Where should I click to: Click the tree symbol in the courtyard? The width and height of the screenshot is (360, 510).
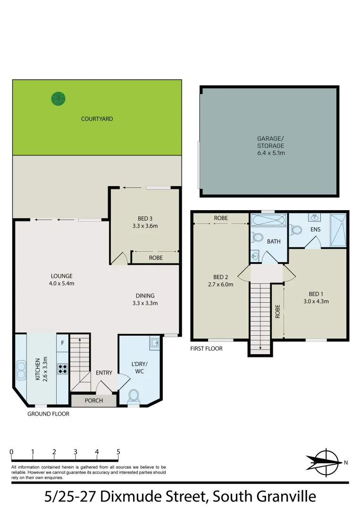coord(59,98)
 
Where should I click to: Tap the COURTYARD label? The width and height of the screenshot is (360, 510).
coord(97,119)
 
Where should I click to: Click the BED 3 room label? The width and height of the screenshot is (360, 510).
coord(144,218)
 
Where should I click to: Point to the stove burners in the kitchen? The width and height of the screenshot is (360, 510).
coord(61,368)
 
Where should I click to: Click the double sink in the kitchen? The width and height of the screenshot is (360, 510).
coord(21,370)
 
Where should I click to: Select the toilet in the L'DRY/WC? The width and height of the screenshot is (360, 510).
coord(134,395)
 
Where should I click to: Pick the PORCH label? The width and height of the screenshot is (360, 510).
coord(93,401)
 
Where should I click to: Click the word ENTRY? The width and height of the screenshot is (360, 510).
coord(104,373)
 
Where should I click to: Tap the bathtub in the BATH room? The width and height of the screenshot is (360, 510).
coord(268,221)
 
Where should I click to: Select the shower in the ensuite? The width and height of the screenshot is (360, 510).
coord(338,230)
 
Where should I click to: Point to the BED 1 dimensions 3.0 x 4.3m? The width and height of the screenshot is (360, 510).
coord(315,301)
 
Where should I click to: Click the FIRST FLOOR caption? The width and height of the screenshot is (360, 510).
coord(206,348)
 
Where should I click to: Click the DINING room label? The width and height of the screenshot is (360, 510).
coord(145,296)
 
